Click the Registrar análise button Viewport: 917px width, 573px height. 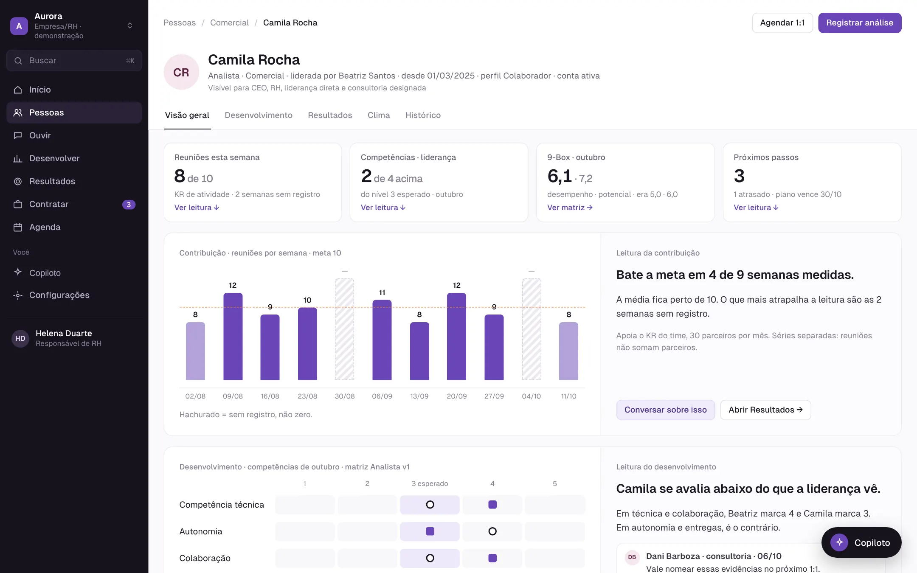point(860,23)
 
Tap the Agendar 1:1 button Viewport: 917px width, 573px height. point(782,23)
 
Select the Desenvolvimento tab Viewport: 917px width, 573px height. point(259,115)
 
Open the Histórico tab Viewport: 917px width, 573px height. point(423,115)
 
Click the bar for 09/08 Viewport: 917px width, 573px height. point(233,337)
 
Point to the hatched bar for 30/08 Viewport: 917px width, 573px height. point(344,329)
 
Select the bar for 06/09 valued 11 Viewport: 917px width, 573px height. point(382,340)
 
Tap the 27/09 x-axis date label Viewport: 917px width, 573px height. point(494,396)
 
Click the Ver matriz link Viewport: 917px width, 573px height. point(570,208)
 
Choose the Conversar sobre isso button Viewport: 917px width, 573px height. point(665,410)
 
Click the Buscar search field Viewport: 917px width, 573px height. point(74,61)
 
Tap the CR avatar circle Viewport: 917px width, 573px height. point(181,72)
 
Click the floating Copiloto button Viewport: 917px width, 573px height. point(861,542)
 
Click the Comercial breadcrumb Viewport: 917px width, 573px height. point(229,23)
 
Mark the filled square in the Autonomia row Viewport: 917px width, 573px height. point(430,531)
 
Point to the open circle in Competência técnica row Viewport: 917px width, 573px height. point(430,505)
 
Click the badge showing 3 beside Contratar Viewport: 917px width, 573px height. point(129,205)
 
